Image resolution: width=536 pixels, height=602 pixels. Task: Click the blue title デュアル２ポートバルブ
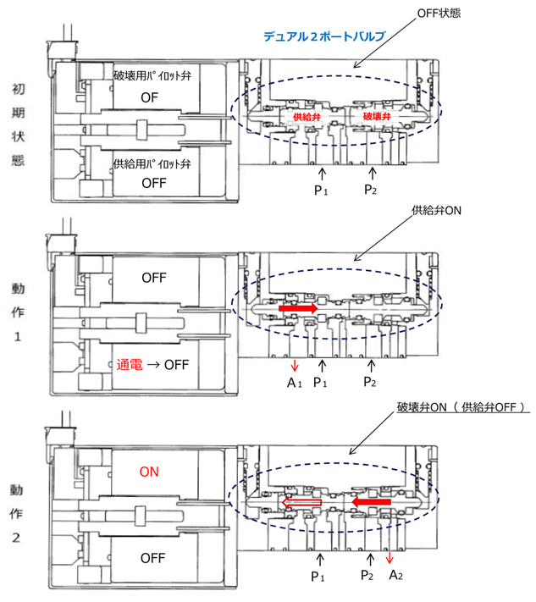point(324,36)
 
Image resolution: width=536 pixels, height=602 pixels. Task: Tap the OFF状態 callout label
point(439,14)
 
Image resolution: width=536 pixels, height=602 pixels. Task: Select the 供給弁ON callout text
point(436,210)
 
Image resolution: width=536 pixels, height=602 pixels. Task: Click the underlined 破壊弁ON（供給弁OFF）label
point(461,407)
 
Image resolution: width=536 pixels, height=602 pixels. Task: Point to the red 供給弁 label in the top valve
point(307,117)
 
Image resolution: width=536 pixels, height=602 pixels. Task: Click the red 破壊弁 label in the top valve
point(377,116)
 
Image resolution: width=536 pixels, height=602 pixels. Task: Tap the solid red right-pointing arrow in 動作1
point(298,308)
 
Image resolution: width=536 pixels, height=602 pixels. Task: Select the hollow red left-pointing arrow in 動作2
point(301,503)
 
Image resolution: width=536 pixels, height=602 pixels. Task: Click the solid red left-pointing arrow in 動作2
point(371,502)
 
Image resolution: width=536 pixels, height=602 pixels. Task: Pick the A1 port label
point(295,383)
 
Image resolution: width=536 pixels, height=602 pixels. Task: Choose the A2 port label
point(395,575)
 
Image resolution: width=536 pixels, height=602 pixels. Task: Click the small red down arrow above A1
point(295,366)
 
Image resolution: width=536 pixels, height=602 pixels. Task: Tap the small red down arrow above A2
point(390,558)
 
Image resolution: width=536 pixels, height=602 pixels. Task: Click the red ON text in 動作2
point(149,472)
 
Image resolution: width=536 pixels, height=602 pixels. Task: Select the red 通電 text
point(130,364)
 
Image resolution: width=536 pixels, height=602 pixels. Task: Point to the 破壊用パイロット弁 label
point(152,75)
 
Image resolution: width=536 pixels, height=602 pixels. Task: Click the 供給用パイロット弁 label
point(152,164)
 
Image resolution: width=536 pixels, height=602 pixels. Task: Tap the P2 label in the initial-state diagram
point(371,190)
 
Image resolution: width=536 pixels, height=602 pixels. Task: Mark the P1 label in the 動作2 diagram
point(318,577)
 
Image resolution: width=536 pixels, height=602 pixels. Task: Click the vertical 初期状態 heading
point(18,124)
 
